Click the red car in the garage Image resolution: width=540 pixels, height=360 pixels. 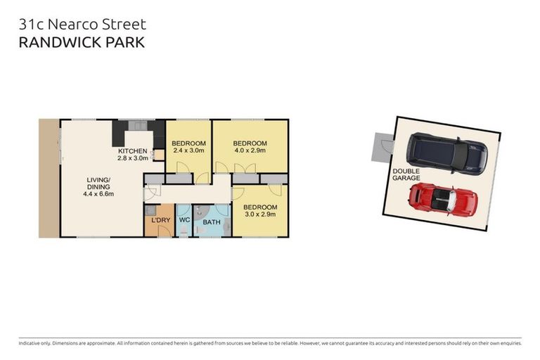(443, 200)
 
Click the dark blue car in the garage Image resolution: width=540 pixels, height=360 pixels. (446, 153)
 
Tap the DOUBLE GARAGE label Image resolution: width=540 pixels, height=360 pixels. (406, 174)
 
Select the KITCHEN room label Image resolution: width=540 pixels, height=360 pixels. (132, 151)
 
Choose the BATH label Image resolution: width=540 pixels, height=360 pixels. (211, 223)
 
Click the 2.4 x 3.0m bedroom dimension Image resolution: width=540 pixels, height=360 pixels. (188, 150)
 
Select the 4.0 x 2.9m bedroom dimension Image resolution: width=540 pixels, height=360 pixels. (250, 150)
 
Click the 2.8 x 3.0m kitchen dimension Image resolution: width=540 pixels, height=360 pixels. (132, 159)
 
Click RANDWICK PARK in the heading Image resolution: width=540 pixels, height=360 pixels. (82, 42)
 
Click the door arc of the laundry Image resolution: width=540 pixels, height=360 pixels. (163, 231)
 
